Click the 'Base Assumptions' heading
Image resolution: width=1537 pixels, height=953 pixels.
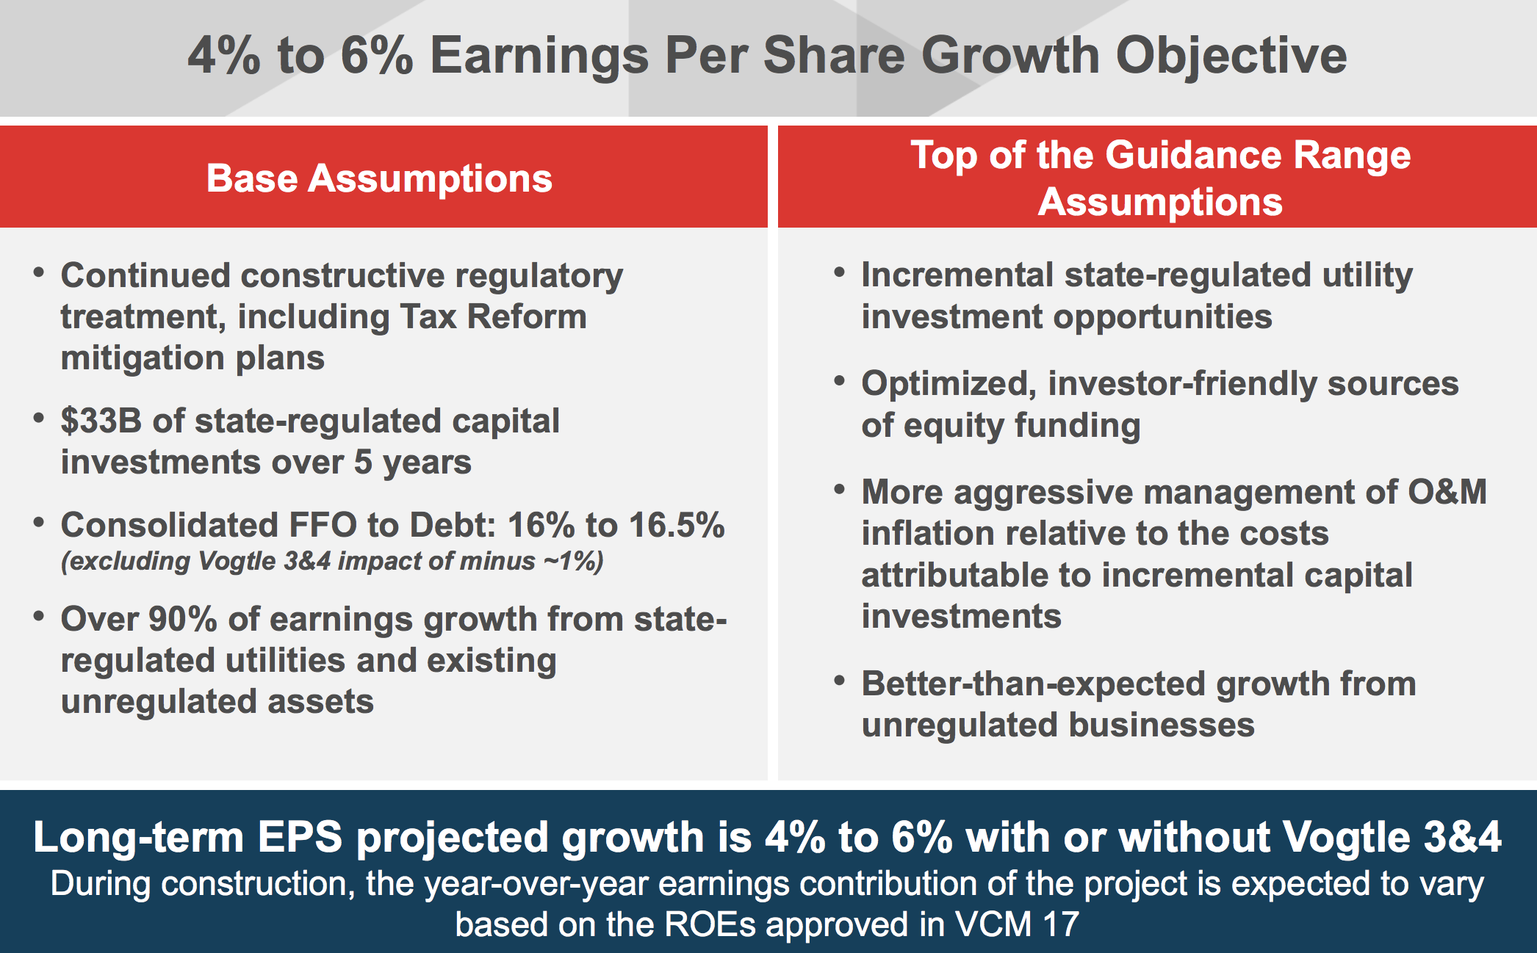click(379, 178)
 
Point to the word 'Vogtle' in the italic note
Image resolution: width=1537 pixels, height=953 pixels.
click(237, 561)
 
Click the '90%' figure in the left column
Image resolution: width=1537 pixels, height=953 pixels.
click(183, 619)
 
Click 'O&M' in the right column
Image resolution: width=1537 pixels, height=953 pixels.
click(1447, 491)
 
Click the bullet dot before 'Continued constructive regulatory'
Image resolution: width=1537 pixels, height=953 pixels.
click(39, 272)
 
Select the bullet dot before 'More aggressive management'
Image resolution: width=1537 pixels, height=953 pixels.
click(840, 489)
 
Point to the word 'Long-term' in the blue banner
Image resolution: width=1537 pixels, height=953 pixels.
click(138, 837)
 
